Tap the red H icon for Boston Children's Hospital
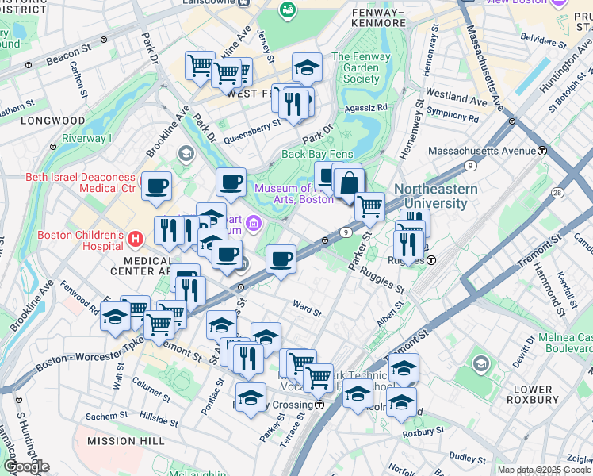coord(136,238)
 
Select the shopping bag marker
coord(348,184)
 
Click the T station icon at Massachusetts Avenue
coord(542,151)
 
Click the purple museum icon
coord(253,225)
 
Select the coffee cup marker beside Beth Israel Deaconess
coord(156,186)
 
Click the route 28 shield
coord(558,193)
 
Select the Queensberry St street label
coord(252,129)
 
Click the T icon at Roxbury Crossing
coord(319,405)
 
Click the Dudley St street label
coord(467,457)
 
